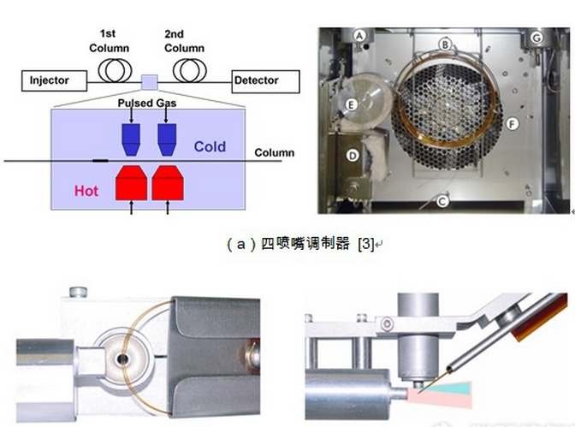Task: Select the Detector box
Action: click(265, 81)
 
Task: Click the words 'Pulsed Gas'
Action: click(147, 104)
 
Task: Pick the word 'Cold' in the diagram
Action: click(210, 146)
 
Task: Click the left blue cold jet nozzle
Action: click(132, 134)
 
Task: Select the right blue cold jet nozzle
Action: click(167, 134)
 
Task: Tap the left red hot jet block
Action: click(131, 182)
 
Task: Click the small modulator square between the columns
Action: click(149, 81)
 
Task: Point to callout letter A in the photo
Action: click(360, 35)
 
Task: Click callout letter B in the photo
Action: click(445, 43)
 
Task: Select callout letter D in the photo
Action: click(353, 156)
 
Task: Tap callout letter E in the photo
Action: click(352, 104)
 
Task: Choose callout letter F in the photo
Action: click(512, 123)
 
